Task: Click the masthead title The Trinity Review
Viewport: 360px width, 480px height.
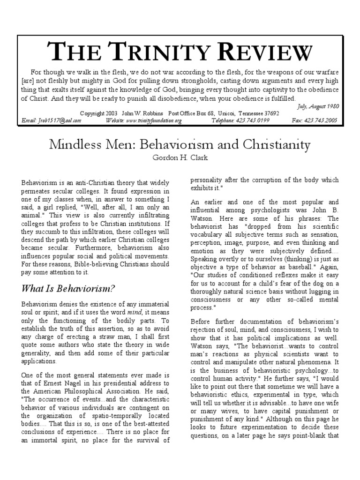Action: point(180,52)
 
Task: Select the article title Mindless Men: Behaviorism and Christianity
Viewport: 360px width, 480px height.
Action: point(180,144)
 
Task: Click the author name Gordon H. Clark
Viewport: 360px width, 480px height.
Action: point(180,157)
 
